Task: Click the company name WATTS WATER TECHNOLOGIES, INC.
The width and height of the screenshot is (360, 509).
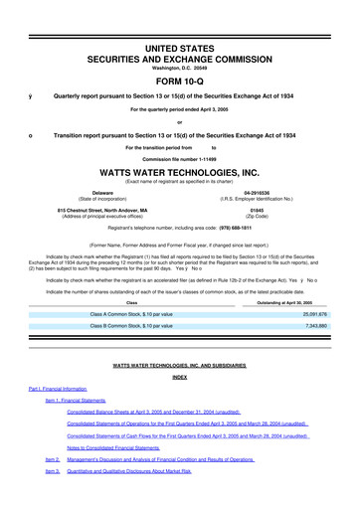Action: [x=180, y=172]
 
